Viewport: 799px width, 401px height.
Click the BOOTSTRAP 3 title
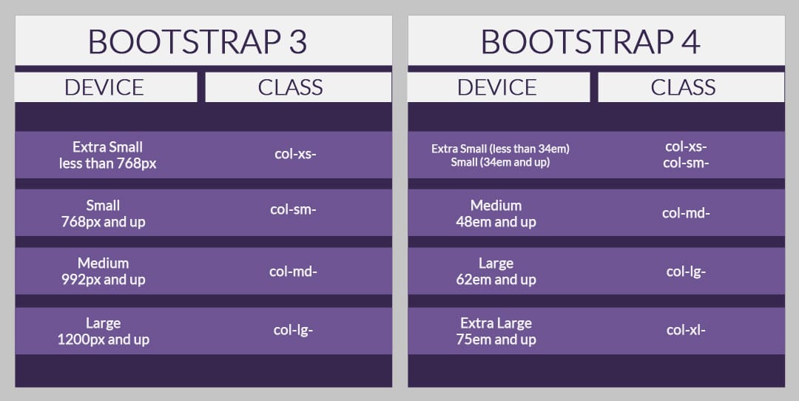tap(198, 41)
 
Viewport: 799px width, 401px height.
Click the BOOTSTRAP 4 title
tap(590, 41)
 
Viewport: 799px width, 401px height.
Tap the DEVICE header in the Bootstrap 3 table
tap(104, 87)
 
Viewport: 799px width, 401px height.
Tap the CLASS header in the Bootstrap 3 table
tap(291, 87)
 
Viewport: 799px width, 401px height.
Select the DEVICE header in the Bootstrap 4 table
tap(497, 87)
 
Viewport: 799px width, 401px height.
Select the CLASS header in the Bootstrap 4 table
tap(684, 87)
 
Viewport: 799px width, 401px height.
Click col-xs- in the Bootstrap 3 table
tap(295, 154)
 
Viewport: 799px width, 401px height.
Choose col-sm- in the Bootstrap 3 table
tap(294, 209)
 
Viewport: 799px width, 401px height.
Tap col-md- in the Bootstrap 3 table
tap(294, 272)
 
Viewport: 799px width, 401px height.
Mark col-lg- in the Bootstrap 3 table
tap(294, 330)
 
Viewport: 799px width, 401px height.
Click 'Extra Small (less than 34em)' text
tap(500, 149)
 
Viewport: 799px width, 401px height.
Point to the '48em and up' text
tap(496, 222)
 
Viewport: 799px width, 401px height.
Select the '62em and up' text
tap(496, 280)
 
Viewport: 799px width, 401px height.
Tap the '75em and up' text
tap(496, 340)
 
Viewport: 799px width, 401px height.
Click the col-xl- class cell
tap(686, 330)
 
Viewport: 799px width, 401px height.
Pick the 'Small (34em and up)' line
tap(500, 163)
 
